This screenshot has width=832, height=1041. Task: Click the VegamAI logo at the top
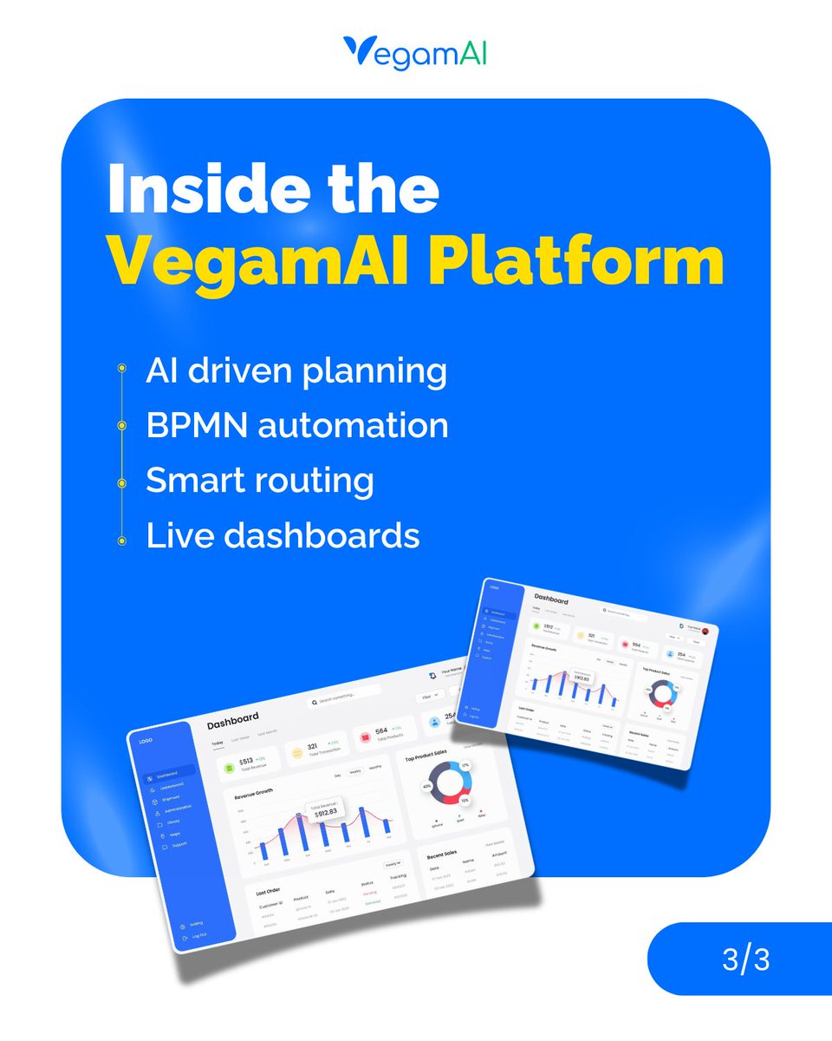pyautogui.click(x=415, y=52)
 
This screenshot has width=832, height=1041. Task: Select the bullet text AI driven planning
pyautogui.click(x=296, y=371)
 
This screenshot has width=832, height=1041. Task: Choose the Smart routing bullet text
pyautogui.click(x=260, y=480)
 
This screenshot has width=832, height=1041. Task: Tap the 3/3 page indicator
pyautogui.click(x=745, y=960)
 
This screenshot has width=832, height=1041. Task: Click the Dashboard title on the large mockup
pyautogui.click(x=233, y=719)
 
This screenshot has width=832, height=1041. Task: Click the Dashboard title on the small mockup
pyautogui.click(x=551, y=599)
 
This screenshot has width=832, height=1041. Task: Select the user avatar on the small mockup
pyautogui.click(x=705, y=631)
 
